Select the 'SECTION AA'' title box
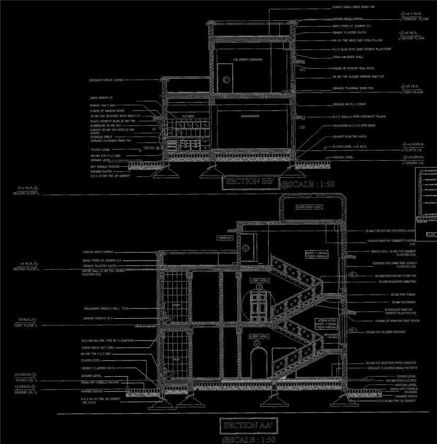[x=247, y=425]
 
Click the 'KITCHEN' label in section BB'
[x=188, y=116]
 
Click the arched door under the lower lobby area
[x=257, y=363]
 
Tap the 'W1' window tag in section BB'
[x=302, y=68]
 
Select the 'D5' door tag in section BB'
[x=302, y=127]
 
